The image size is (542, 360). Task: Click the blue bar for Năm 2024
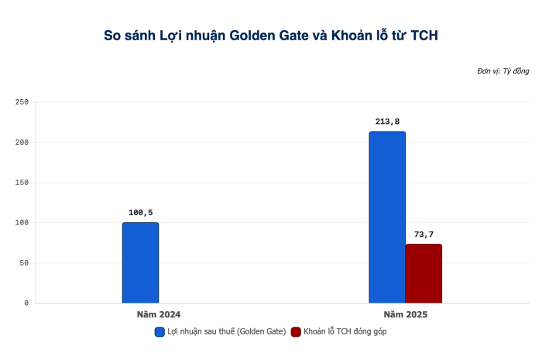140,262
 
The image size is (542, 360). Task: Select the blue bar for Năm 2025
386,217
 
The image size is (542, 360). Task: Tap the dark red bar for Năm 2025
424,273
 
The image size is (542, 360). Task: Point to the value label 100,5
140,213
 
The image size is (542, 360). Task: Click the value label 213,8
386,122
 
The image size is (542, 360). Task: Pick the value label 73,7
424,235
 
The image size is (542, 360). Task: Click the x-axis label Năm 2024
159,315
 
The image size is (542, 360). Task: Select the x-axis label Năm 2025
405,315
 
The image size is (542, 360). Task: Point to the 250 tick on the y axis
21,102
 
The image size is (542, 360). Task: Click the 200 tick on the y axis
21,142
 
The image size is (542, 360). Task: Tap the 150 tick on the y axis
21,183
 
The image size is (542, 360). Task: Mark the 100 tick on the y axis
21,223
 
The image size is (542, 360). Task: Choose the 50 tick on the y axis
23,263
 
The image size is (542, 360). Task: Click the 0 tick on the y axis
26,303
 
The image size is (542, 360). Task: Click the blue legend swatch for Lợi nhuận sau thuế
160,331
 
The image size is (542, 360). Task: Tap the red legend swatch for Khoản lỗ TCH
296,331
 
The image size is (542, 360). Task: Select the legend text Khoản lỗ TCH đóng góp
345,331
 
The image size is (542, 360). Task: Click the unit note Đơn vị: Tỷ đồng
503,71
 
